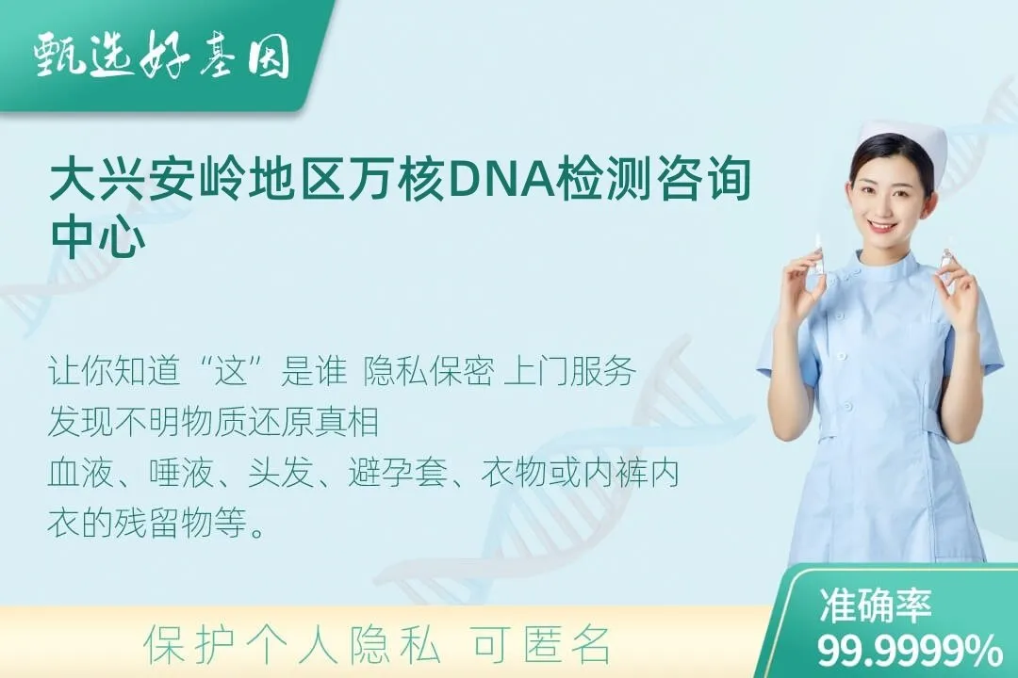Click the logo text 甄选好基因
tap(161, 56)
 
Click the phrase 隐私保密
tap(429, 372)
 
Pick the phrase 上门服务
tap(569, 372)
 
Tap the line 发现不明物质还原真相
tap(214, 423)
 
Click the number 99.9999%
tap(910, 650)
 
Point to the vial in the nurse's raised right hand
tap(819, 254)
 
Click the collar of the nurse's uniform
tap(887, 267)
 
